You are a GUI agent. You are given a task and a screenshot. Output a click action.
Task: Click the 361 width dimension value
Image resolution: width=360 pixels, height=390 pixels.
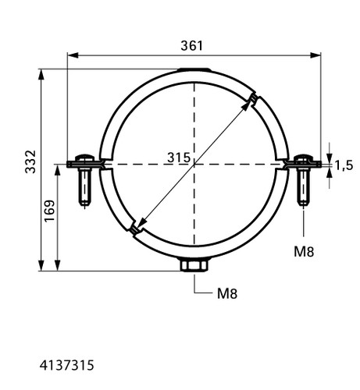[x=191, y=46]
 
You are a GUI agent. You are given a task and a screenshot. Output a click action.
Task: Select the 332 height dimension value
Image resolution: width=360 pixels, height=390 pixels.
[x=30, y=161]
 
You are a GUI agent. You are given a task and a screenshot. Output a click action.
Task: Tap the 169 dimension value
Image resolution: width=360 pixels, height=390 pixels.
[x=49, y=211]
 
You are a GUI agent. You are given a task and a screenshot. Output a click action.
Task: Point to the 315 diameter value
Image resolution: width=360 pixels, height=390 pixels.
[x=179, y=158]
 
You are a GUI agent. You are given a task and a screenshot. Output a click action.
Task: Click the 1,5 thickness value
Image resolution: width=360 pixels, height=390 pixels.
[x=344, y=165]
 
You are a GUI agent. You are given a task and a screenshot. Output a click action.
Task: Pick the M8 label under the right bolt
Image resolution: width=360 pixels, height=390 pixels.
[x=304, y=251]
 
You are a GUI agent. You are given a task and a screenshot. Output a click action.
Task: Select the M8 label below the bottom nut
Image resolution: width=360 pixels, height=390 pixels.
[x=227, y=294]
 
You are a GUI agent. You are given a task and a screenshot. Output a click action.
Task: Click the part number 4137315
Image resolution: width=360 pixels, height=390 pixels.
[x=66, y=365]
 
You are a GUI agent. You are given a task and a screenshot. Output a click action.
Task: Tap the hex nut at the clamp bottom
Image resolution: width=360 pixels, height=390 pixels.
[x=194, y=265]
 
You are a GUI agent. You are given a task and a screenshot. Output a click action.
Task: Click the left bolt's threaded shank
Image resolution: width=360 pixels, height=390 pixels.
[x=84, y=186]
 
